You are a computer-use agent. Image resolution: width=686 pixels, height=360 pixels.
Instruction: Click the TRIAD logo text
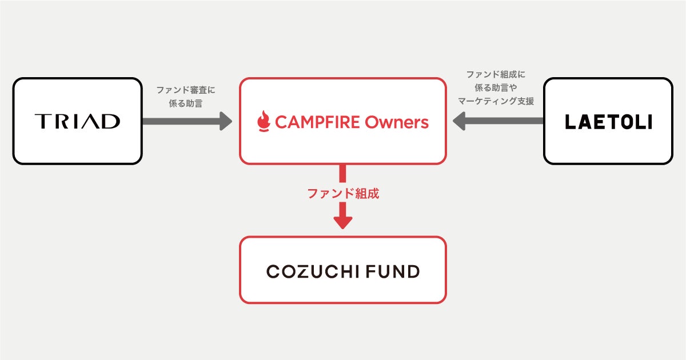(77, 121)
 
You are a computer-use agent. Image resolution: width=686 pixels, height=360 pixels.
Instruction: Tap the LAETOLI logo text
(608, 122)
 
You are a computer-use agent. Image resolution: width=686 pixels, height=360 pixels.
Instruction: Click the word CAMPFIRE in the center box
(317, 122)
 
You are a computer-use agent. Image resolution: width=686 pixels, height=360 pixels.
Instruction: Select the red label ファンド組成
(343, 194)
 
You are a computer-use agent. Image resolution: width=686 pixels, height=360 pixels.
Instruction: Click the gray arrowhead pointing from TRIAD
(225, 121)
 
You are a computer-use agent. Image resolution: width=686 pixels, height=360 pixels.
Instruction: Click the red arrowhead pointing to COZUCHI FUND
(343, 222)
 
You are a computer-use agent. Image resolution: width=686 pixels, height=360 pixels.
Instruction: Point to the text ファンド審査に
(186, 90)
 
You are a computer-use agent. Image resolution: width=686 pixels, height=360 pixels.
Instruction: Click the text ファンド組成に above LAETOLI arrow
(496, 75)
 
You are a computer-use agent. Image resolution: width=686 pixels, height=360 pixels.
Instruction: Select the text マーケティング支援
(496, 101)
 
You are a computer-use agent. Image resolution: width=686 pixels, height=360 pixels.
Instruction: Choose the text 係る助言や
(496, 88)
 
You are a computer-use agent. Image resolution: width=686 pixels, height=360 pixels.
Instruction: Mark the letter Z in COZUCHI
(305, 271)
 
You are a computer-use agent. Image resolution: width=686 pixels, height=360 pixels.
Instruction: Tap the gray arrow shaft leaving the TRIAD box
(177, 121)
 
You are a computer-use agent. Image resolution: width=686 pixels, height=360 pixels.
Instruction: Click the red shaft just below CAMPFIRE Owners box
(343, 174)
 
